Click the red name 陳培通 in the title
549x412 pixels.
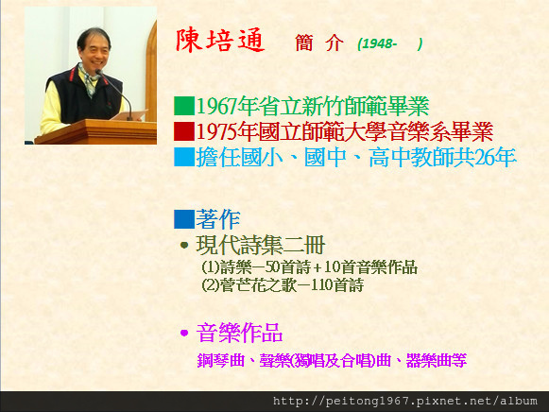[220, 41]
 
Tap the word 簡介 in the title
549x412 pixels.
[319, 43]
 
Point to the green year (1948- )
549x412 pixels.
[390, 43]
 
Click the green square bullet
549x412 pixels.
[184, 106]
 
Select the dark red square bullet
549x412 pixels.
[184, 131]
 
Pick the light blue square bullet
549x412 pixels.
[184, 157]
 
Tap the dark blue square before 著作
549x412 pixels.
[184, 219]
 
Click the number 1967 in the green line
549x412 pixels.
[217, 107]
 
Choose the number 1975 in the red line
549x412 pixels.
[217, 132]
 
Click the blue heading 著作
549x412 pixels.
[218, 219]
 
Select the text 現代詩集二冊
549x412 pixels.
[261, 245]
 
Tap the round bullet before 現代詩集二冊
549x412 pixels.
[184, 245]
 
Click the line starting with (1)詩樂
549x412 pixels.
[310, 267]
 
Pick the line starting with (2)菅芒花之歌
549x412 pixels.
[283, 285]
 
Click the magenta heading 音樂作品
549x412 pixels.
[239, 333]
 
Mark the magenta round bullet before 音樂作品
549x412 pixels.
[184, 333]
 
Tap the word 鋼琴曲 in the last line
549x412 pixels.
[221, 361]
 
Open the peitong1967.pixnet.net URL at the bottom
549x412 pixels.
[405, 402]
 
